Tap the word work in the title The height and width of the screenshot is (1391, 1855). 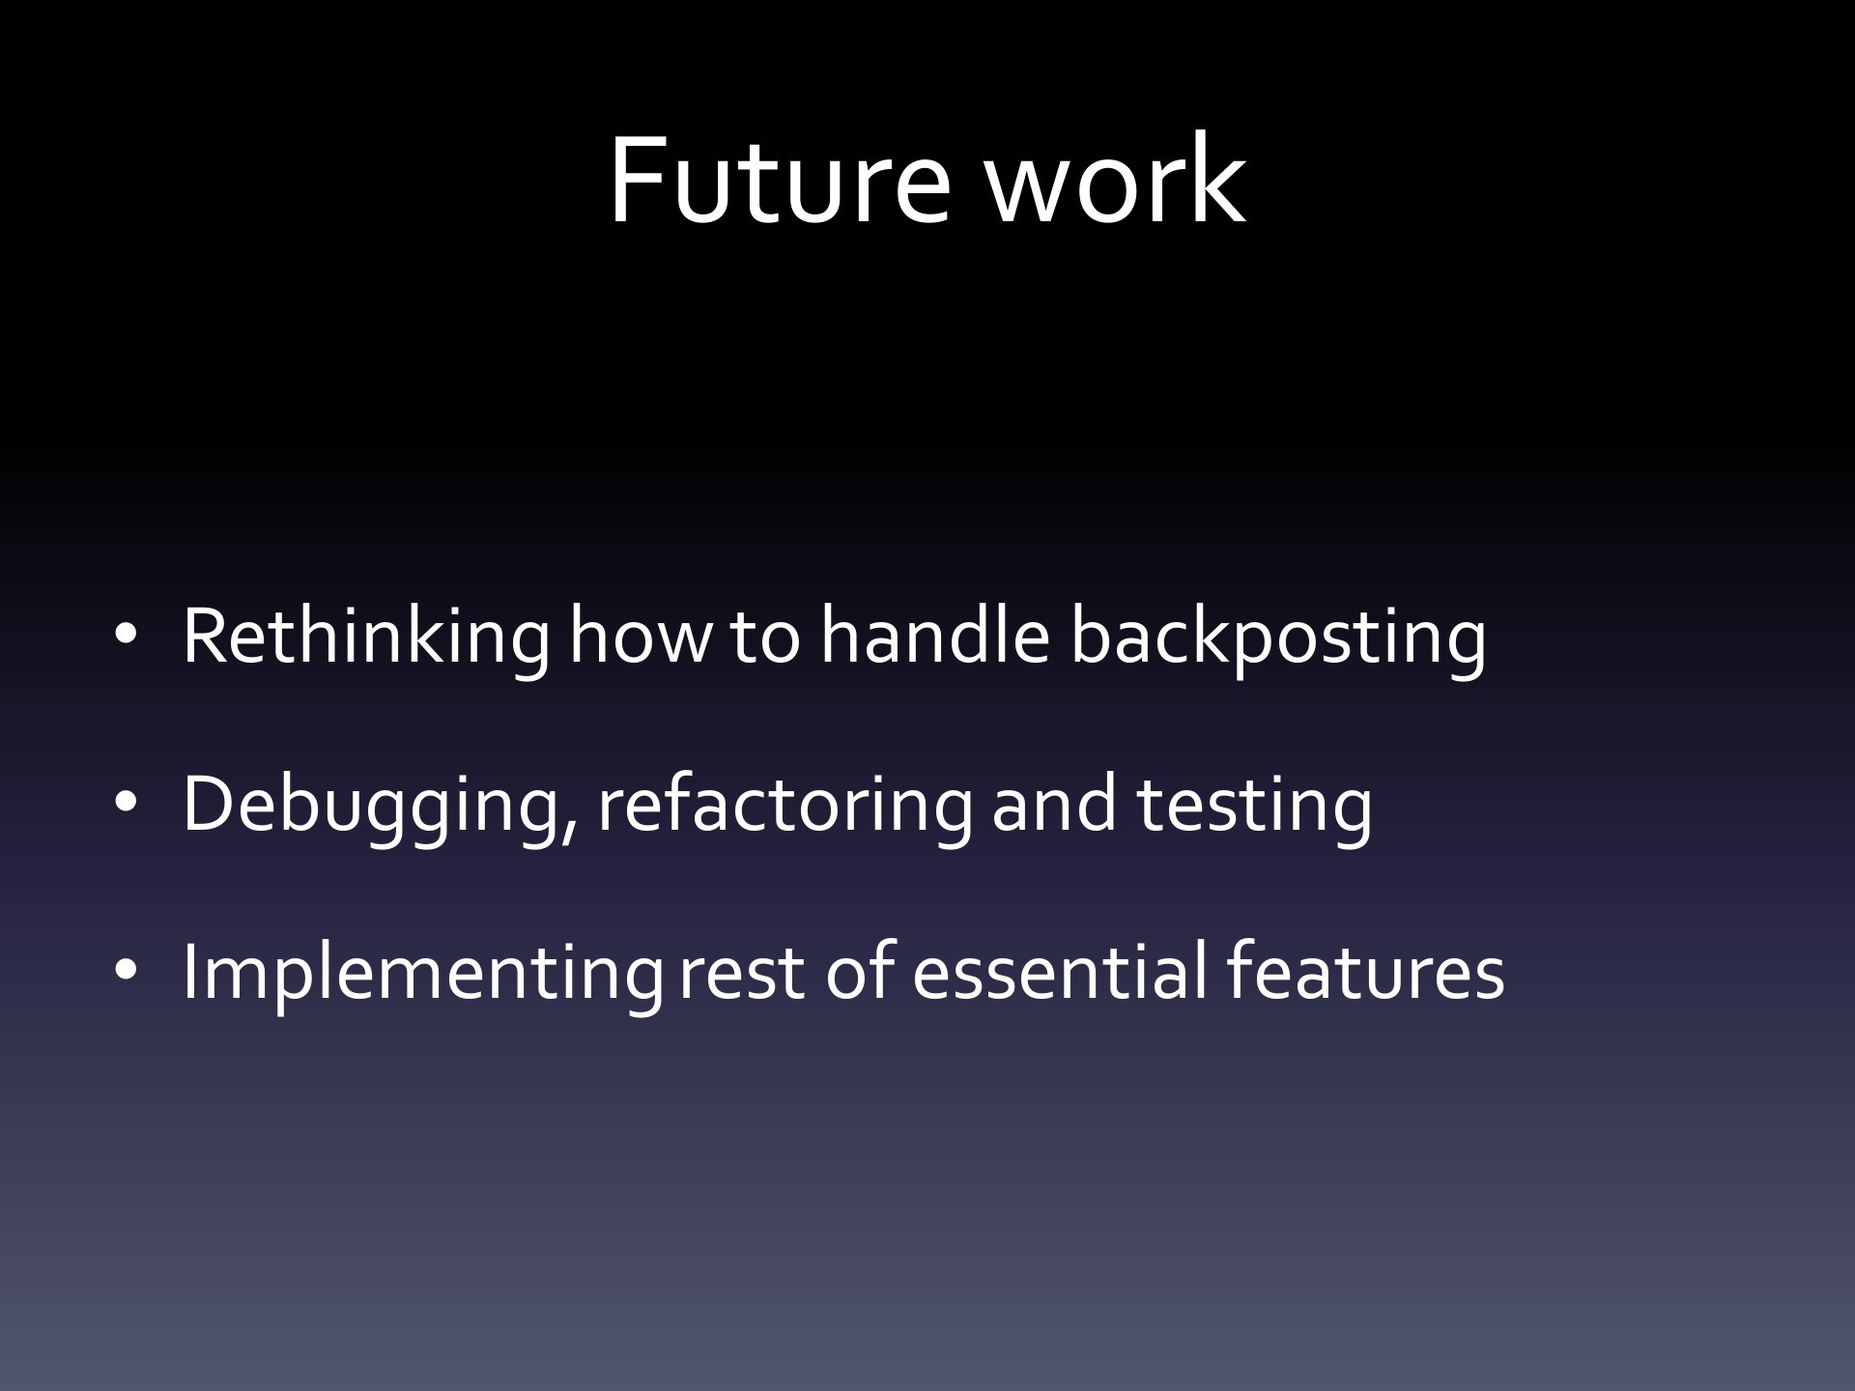click(x=1116, y=181)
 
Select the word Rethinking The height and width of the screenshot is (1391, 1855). click(x=366, y=638)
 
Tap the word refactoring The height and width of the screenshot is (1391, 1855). click(x=785, y=807)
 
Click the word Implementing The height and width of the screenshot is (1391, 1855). click(x=422, y=974)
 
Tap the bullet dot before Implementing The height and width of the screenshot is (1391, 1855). click(x=126, y=972)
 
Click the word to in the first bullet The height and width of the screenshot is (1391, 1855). click(x=764, y=639)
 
